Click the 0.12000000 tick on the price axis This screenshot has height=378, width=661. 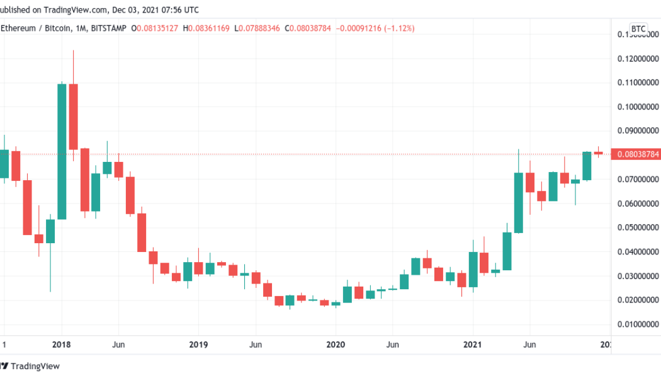tap(636, 59)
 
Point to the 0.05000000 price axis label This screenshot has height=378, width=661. tap(636, 227)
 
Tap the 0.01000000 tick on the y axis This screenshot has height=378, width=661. tap(636, 324)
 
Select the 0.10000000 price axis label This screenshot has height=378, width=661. tap(636, 107)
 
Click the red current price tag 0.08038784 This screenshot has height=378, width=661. tap(636, 154)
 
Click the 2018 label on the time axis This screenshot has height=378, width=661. tap(61, 345)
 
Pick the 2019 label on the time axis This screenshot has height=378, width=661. tap(198, 345)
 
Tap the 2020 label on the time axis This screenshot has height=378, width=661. tap(336, 345)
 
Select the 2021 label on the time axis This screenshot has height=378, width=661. tap(473, 345)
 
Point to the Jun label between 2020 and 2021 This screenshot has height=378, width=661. tap(392, 345)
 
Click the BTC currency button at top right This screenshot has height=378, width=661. tap(638, 29)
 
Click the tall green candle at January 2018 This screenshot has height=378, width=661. tap(62, 151)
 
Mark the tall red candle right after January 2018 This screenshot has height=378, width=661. tap(73, 117)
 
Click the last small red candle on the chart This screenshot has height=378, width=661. tap(598, 152)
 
